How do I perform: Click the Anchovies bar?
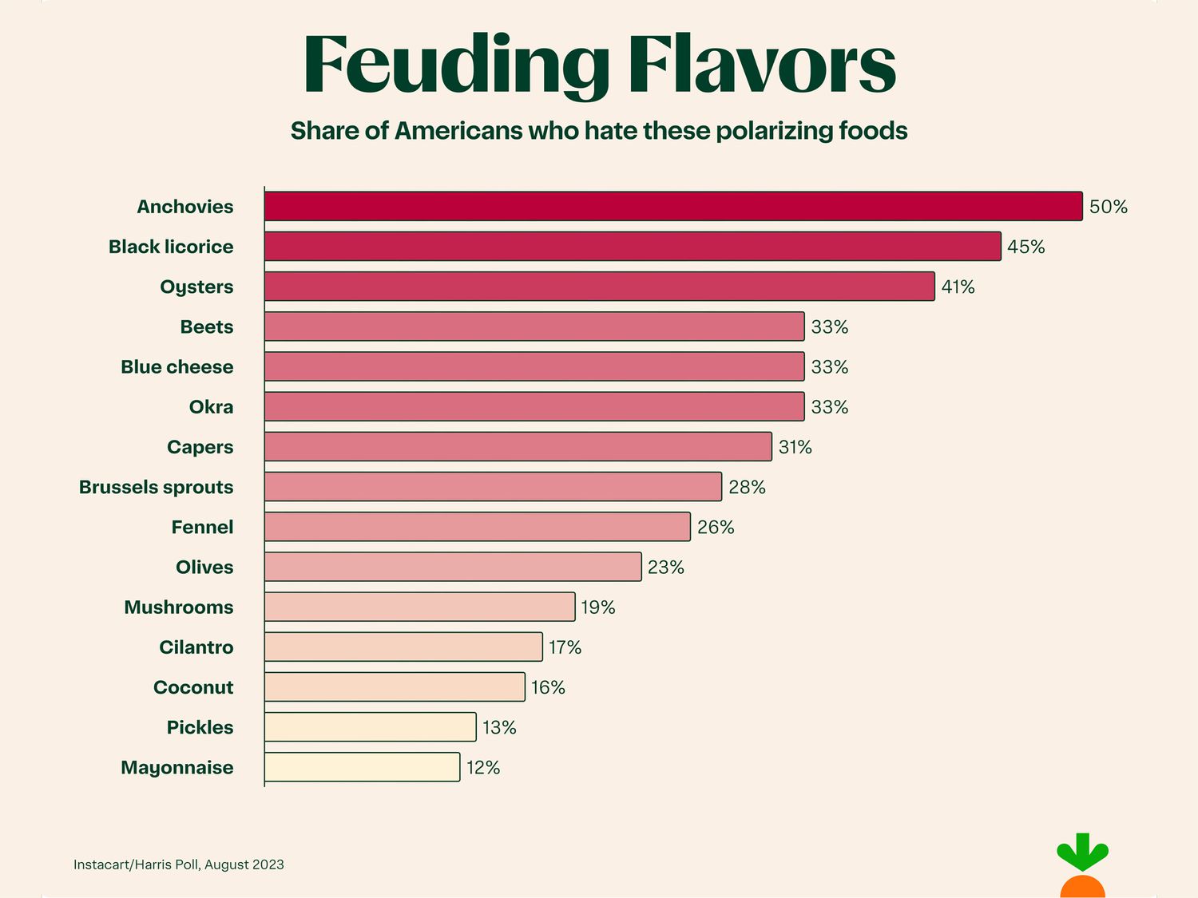tap(673, 206)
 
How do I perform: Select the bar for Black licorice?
tap(633, 246)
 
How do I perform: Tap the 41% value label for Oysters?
tap(958, 287)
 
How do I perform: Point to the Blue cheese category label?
tap(177, 367)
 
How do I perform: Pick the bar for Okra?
tap(534, 406)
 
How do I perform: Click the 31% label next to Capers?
tap(795, 447)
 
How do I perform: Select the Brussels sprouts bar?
tap(493, 487)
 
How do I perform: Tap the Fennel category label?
tap(202, 528)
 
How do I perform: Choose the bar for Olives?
tap(453, 567)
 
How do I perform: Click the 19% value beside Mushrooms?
tap(597, 607)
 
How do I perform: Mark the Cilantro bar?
tap(403, 647)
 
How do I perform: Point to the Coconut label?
tap(193, 687)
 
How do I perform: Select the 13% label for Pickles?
tap(499, 727)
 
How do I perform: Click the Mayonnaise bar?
tap(362, 767)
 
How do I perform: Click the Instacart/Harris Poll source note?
tap(179, 864)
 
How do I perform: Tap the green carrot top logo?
tap(1082, 853)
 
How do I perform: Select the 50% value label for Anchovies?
tap(1108, 207)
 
